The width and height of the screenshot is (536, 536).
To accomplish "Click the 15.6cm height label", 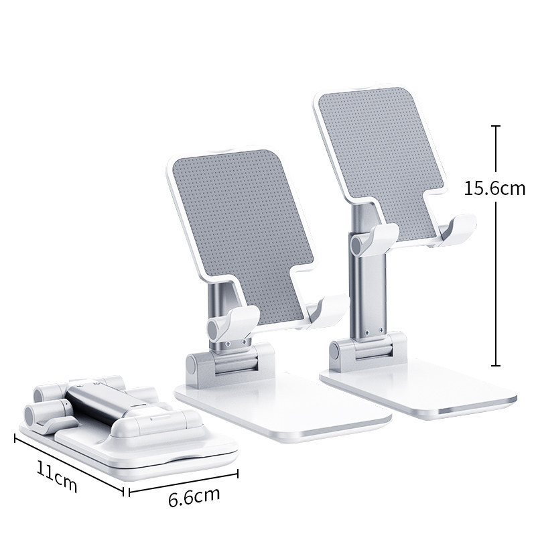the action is (x=494, y=188).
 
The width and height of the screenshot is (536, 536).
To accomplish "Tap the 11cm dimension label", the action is (x=57, y=476).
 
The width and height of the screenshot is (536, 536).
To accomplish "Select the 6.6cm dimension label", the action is (x=194, y=496).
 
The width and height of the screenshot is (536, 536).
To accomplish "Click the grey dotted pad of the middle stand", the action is (x=243, y=236).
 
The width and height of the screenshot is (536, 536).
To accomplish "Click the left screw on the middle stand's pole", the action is (x=228, y=344).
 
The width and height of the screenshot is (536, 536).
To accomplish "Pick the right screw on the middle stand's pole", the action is (x=244, y=342).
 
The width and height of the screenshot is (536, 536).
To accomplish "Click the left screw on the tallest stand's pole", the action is (x=366, y=332).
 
